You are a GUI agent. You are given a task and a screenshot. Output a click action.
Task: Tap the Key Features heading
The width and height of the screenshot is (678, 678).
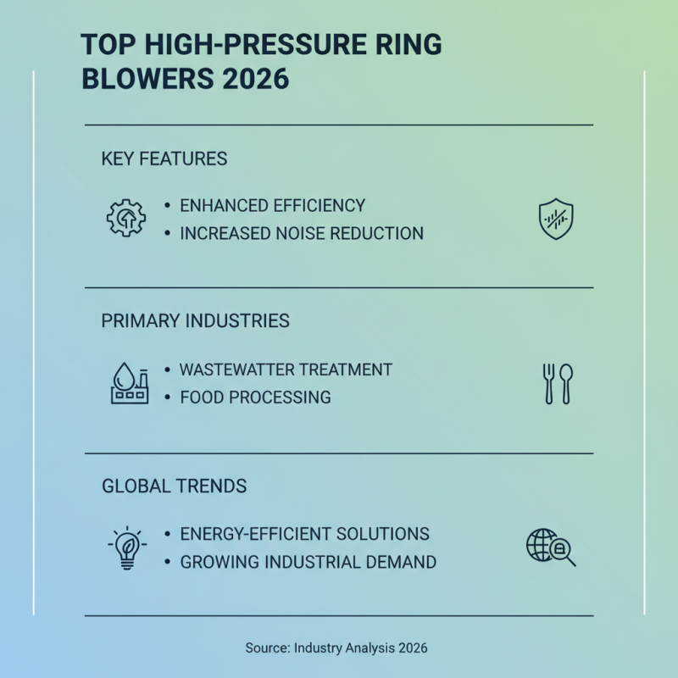164,159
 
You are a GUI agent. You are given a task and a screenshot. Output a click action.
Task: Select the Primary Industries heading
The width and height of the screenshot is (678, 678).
195,321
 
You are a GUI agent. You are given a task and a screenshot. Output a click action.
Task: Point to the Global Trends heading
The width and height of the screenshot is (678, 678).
175,486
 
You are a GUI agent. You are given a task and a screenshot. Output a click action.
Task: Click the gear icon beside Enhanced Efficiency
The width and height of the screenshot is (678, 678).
125,218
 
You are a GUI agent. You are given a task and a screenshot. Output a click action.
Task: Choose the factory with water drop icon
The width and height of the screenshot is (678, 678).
130,383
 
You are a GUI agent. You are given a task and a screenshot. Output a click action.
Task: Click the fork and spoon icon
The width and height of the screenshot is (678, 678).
558,383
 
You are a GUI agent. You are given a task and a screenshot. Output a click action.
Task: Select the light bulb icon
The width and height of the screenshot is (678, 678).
127,547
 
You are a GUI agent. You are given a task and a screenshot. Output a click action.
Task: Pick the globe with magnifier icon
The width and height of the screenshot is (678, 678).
550,547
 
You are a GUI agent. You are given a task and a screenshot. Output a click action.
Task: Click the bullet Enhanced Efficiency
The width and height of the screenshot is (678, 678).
272,206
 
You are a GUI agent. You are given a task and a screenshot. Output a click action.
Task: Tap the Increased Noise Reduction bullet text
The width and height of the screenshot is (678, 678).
302,233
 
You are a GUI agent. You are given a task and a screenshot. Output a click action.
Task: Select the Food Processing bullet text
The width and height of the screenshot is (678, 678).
255,397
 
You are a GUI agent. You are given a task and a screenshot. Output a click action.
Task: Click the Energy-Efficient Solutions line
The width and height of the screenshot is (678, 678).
304,534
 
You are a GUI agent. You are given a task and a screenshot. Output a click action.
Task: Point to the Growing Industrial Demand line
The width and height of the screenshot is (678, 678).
308,561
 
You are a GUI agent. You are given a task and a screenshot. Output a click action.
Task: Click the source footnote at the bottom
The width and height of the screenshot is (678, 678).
336,647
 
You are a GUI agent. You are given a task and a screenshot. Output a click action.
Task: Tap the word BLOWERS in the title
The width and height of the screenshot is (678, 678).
144,78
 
